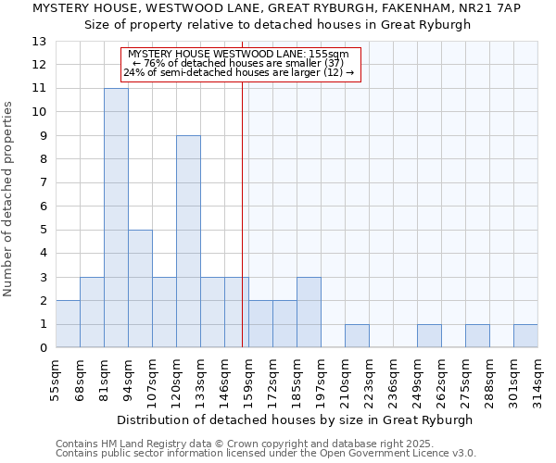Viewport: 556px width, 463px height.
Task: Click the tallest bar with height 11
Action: [116, 218]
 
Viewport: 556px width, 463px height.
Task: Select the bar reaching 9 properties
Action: [188, 242]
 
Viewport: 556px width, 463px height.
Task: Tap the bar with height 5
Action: [140, 289]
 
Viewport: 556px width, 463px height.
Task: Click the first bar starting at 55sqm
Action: [68, 324]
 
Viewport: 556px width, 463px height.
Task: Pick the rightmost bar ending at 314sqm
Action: [525, 336]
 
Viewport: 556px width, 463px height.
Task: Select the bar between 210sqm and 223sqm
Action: [357, 336]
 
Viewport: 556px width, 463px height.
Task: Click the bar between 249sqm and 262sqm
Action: [429, 336]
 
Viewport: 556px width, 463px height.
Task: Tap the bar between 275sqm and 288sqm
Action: [477, 336]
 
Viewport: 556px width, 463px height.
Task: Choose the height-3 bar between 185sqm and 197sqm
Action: [309, 312]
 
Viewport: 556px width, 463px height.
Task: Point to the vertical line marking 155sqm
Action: [242, 213]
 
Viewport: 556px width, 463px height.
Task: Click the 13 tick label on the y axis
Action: [39, 42]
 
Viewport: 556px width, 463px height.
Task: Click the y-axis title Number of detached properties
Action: [10, 199]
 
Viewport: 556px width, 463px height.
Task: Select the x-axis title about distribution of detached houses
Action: [297, 419]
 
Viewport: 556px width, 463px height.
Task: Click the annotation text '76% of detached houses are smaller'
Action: [238, 64]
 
